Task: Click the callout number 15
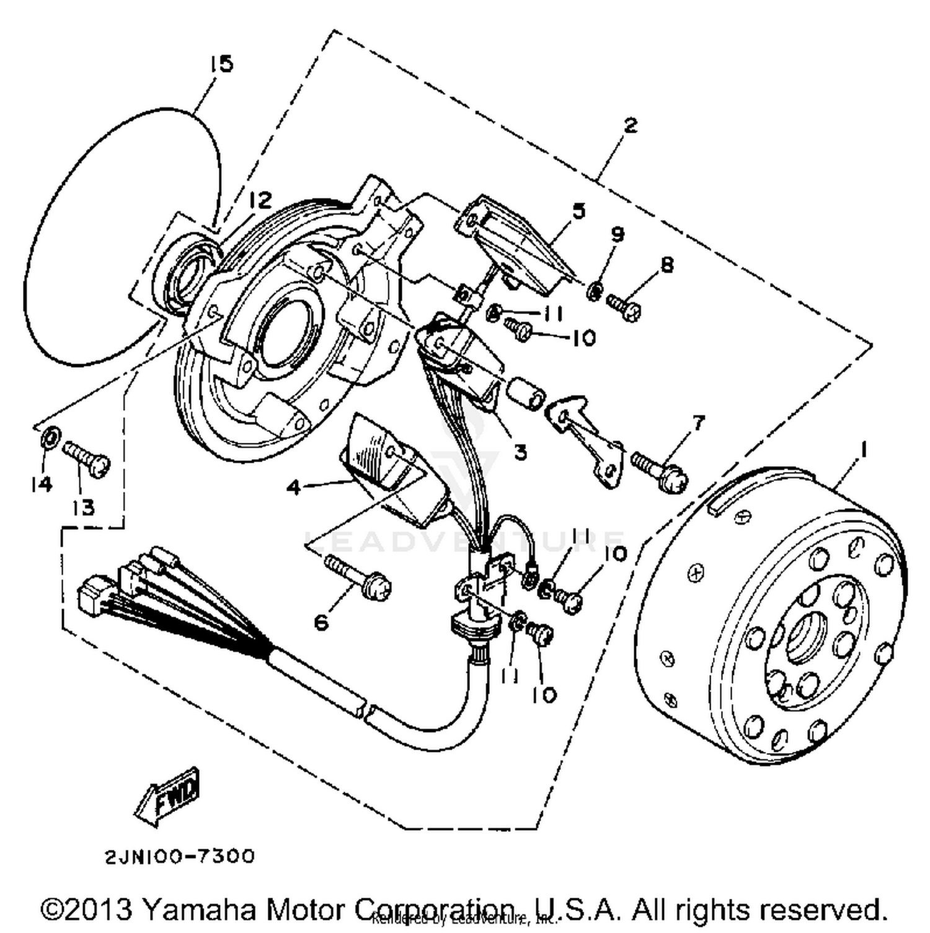tap(221, 64)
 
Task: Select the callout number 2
tap(630, 125)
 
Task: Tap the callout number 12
tap(260, 200)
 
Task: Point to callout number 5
tap(578, 211)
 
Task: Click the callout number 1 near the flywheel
tap(862, 449)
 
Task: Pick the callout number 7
tap(698, 423)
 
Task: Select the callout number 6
tap(321, 622)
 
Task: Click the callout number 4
tap(293, 488)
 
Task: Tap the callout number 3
tap(520, 452)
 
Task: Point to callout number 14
tap(42, 484)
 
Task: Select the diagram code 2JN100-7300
tap(179, 857)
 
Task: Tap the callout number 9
tap(617, 234)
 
